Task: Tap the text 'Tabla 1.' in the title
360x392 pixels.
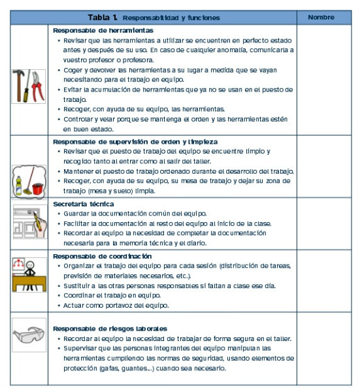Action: [x=103, y=17]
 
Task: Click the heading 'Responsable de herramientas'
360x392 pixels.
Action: [x=103, y=30]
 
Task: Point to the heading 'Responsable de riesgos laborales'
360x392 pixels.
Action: [x=109, y=328]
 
